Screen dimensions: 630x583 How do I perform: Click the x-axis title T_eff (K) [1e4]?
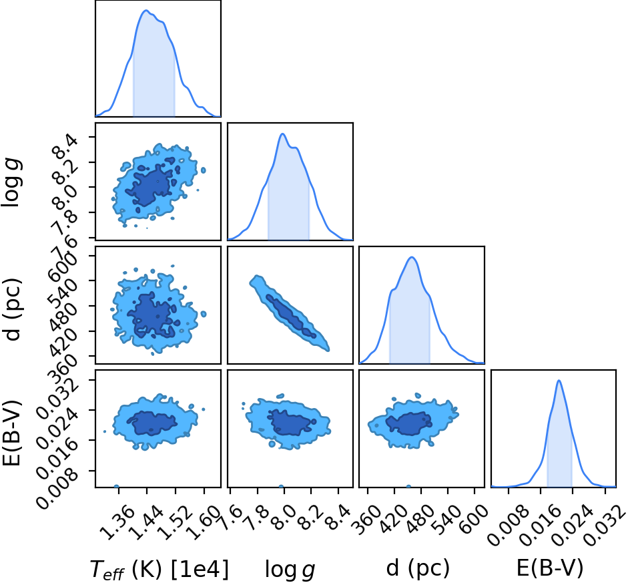click(160, 570)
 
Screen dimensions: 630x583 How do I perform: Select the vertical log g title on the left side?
click(11, 183)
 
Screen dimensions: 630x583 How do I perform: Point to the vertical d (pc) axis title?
click(13, 309)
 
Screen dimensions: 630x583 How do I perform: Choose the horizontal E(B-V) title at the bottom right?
click(549, 568)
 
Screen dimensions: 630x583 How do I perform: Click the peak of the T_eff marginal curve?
click(145, 11)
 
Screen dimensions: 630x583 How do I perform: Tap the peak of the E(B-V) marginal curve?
click(559, 381)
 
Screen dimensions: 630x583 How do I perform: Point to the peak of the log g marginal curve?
click(282, 134)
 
